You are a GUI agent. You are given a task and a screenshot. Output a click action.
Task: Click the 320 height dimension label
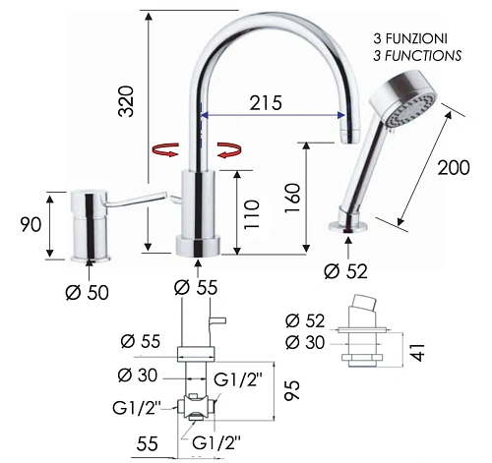[127, 101]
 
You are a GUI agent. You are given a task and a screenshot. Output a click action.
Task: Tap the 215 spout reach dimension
[266, 103]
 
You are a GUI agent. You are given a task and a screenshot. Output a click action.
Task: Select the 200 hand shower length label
[454, 167]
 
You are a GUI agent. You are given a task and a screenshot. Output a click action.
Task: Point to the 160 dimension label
[292, 198]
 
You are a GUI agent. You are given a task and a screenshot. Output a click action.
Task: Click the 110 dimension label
[252, 214]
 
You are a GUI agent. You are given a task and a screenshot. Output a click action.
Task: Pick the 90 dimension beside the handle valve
[31, 224]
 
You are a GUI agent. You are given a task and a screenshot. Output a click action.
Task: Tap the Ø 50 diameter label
[87, 292]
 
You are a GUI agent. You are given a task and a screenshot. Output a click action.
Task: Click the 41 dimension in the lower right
[417, 352]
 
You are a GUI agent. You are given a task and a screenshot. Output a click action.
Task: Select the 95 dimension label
[292, 390]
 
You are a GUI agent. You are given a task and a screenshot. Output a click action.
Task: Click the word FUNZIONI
[416, 38]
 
